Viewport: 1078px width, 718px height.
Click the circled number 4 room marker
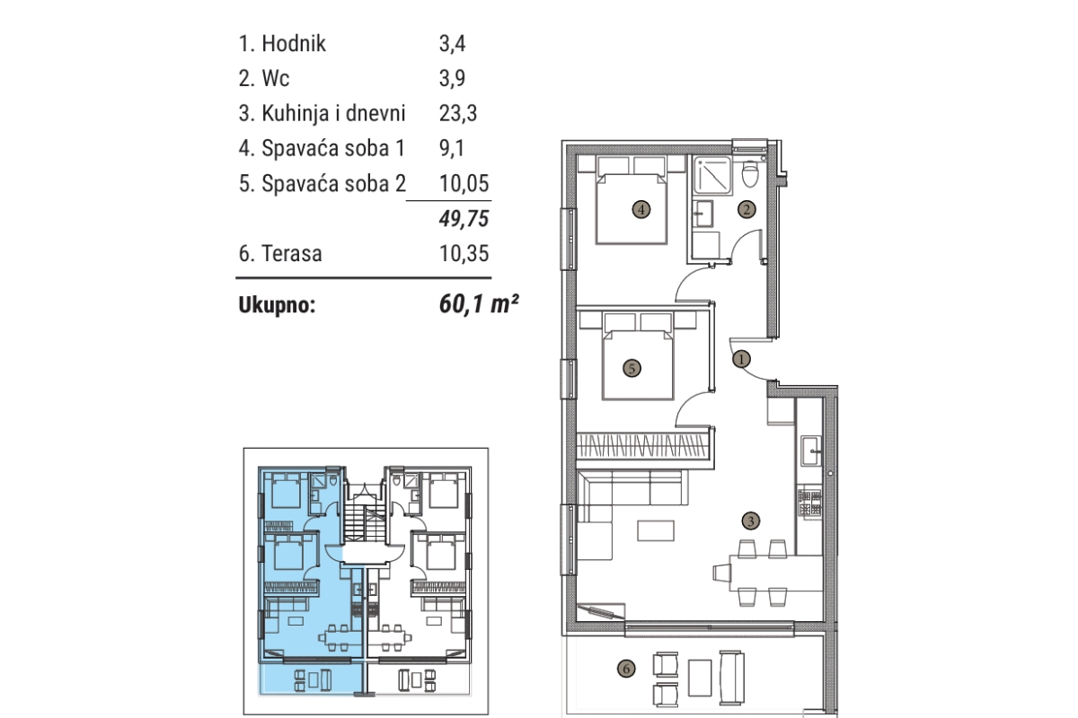tap(641, 210)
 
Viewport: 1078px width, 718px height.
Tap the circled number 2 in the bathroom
tap(747, 209)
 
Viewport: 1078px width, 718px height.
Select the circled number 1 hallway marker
tap(741, 359)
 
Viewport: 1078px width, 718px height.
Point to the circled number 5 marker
tap(632, 368)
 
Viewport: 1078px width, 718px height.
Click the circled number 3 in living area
tap(751, 521)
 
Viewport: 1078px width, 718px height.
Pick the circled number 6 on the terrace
tap(626, 669)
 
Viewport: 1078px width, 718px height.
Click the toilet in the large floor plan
tap(750, 172)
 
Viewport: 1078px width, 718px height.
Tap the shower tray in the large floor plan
tap(712, 175)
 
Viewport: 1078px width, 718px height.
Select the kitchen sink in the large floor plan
tap(811, 451)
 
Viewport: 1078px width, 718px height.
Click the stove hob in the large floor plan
tap(809, 503)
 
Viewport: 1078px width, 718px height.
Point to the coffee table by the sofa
tap(656, 531)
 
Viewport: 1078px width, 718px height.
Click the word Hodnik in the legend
tap(294, 44)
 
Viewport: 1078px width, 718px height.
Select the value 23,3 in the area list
tap(457, 113)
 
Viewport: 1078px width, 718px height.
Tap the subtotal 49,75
tap(464, 218)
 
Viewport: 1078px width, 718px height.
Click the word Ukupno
tap(278, 305)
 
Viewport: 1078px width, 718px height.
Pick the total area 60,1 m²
tap(479, 304)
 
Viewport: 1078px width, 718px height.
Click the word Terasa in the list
tap(292, 253)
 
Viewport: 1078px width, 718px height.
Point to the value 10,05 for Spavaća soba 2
tap(464, 183)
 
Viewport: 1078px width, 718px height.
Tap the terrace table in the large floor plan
tap(700, 678)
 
